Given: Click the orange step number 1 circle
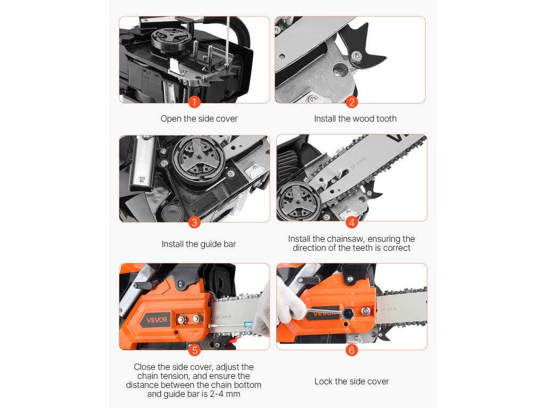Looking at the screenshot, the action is [194, 102].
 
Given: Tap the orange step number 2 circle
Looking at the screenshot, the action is [351, 102].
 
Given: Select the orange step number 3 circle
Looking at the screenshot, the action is [194, 223].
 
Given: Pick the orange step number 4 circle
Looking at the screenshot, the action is [351, 223].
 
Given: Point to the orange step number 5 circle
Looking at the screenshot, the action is [195, 350].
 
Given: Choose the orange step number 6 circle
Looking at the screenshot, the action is [351, 350].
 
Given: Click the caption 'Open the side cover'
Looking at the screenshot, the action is [199, 118].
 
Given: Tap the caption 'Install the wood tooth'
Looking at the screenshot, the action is [355, 118].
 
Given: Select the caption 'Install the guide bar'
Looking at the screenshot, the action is [199, 244].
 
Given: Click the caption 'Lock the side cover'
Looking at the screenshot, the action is [352, 381].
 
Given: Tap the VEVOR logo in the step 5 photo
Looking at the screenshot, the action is [157, 320].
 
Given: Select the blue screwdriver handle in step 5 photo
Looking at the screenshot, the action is [248, 325].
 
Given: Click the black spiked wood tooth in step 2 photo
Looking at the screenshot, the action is [365, 46].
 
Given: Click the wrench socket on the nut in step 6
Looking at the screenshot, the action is [348, 313].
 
